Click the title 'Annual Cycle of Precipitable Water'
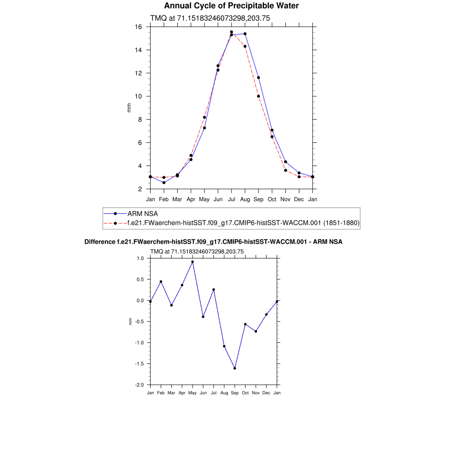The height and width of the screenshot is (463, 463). (x=231, y=6)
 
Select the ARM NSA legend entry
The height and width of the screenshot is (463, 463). (x=142, y=213)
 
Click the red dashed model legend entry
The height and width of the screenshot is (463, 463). (x=243, y=223)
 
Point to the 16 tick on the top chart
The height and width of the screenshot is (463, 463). (x=139, y=27)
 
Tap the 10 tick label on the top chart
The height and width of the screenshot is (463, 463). (x=139, y=96)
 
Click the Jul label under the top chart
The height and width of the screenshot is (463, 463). (x=231, y=199)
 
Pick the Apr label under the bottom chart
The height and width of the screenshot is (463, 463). (x=182, y=393)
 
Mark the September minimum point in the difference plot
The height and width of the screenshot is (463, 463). (x=235, y=368)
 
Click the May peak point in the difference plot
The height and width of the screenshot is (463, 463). (x=193, y=262)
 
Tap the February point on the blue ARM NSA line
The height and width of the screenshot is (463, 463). (x=164, y=182)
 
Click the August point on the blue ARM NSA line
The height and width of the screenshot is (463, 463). (x=245, y=34)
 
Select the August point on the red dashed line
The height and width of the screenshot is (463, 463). (x=245, y=46)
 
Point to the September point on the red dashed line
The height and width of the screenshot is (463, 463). (x=259, y=96)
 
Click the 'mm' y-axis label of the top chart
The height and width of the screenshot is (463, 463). (x=129, y=108)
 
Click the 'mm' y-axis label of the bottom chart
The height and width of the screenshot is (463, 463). (x=131, y=321)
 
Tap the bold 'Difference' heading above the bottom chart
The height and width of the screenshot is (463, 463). (x=97, y=242)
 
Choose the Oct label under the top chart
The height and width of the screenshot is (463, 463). (x=272, y=199)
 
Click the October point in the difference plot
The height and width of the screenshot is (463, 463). (x=245, y=324)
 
